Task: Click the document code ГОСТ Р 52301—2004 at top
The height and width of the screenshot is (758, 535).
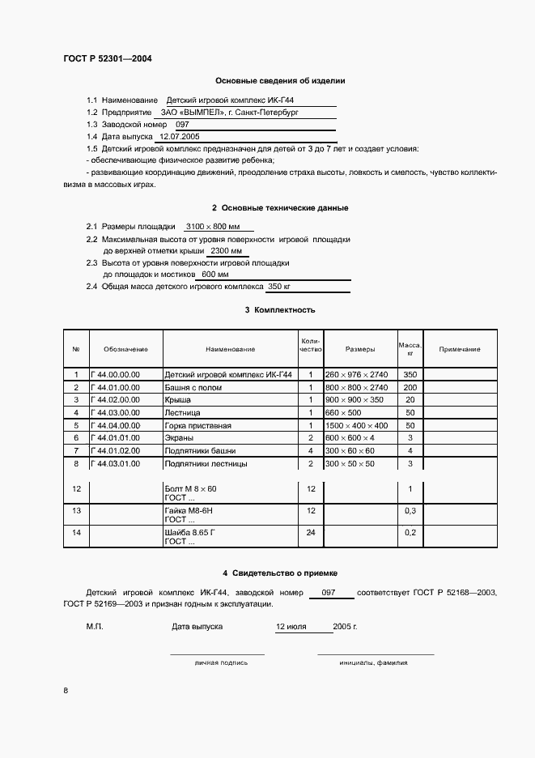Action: click(x=107, y=59)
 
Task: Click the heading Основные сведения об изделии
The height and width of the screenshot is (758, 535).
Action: click(x=280, y=81)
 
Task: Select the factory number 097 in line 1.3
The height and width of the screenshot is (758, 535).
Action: click(x=182, y=125)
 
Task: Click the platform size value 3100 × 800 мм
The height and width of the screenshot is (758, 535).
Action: click(x=214, y=227)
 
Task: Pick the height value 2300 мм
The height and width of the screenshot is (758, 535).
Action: click(x=225, y=251)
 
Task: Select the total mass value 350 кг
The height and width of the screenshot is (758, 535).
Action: click(x=279, y=286)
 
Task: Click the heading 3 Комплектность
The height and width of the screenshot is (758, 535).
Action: click(x=280, y=310)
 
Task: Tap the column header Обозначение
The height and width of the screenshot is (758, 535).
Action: click(x=125, y=349)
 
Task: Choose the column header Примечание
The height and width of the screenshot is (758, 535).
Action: click(x=459, y=349)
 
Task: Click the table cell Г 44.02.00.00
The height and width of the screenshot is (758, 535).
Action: click(x=117, y=400)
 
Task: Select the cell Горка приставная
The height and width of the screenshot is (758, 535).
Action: click(x=198, y=425)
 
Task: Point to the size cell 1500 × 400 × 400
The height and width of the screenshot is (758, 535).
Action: click(x=356, y=425)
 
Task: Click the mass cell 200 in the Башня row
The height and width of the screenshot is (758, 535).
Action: click(x=410, y=388)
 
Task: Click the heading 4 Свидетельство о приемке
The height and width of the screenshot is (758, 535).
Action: click(x=280, y=573)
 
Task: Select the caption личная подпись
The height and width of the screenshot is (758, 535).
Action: click(x=221, y=662)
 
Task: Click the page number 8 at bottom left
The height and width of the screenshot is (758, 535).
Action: click(x=66, y=690)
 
